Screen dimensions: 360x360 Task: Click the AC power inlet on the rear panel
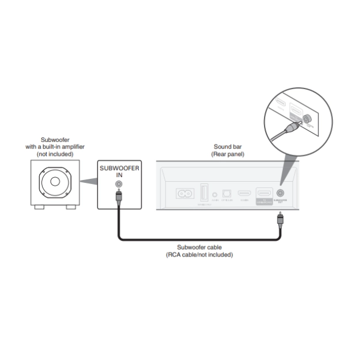pyautogui.click(x=186, y=194)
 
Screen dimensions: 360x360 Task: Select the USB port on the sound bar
pyautogui.click(x=203, y=193)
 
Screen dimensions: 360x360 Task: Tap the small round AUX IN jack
pyautogui.click(x=215, y=194)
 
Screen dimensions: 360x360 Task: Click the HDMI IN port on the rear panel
pyautogui.click(x=244, y=194)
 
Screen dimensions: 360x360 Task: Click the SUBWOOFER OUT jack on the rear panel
pyautogui.click(x=281, y=194)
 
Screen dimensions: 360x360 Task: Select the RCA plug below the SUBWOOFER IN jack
pyautogui.click(x=118, y=197)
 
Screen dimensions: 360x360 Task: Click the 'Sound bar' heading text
pyautogui.click(x=228, y=147)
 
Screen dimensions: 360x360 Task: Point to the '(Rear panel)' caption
pyautogui.click(x=228, y=154)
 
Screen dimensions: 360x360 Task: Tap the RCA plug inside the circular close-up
pyautogui.click(x=291, y=127)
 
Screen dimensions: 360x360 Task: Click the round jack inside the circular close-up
pyautogui.click(x=306, y=120)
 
